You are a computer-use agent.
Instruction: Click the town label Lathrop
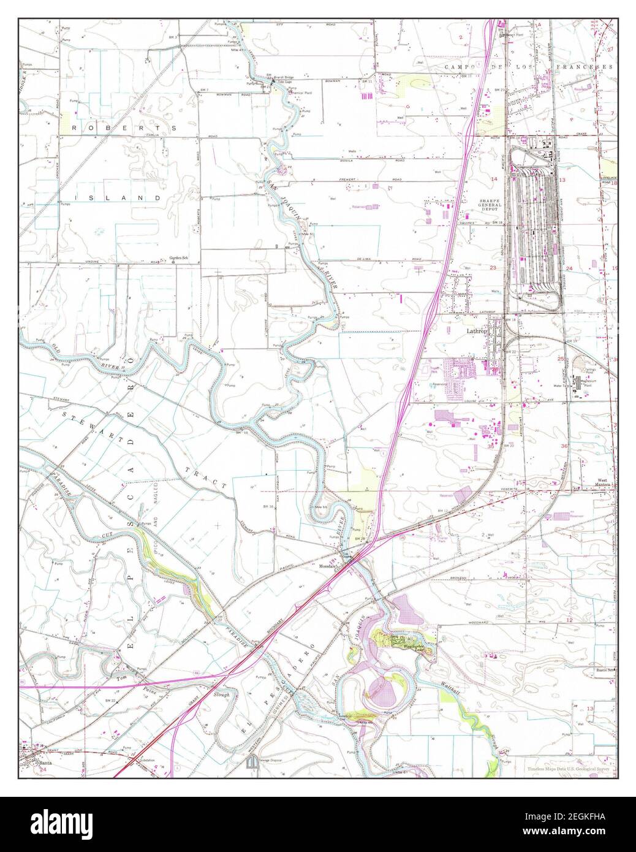coord(475,331)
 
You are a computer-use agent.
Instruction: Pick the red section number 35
coord(490,447)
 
